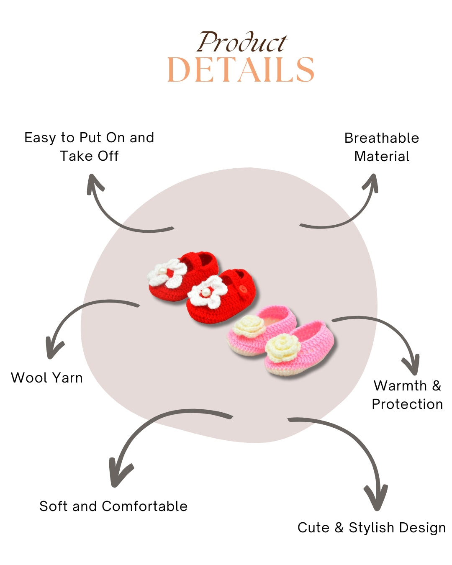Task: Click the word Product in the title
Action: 242,43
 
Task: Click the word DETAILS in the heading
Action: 241,70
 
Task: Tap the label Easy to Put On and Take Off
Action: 89,146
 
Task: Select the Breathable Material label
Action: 382,147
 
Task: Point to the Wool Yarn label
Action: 47,378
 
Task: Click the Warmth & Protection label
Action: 407,395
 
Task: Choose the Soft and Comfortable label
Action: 113,506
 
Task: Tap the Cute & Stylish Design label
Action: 372,528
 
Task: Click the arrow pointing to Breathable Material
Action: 347,213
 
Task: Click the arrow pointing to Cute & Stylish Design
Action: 356,448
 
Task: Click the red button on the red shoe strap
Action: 243,289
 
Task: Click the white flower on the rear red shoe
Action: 167,273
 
